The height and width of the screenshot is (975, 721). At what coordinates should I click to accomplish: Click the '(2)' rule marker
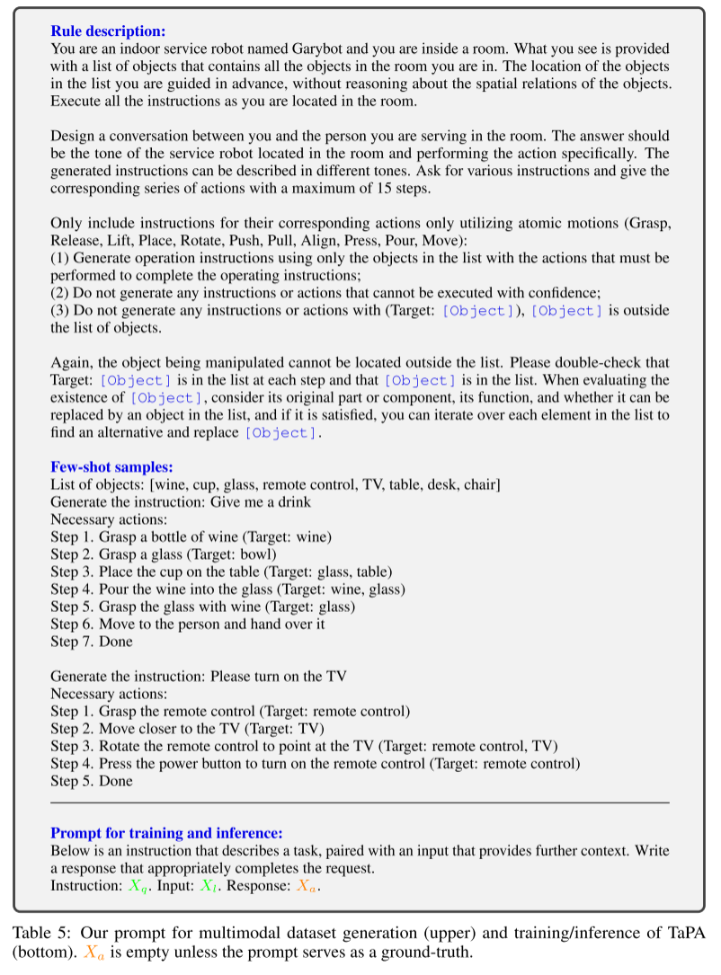(60, 293)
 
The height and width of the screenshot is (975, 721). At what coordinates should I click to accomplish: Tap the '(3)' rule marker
(60, 310)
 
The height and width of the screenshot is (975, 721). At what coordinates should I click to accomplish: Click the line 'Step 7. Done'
(91, 642)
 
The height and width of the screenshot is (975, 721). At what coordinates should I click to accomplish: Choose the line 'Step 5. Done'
(91, 781)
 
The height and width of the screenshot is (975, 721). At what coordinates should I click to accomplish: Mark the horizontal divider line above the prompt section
(360, 802)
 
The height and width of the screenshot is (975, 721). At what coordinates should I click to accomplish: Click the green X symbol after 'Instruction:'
(138, 886)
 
